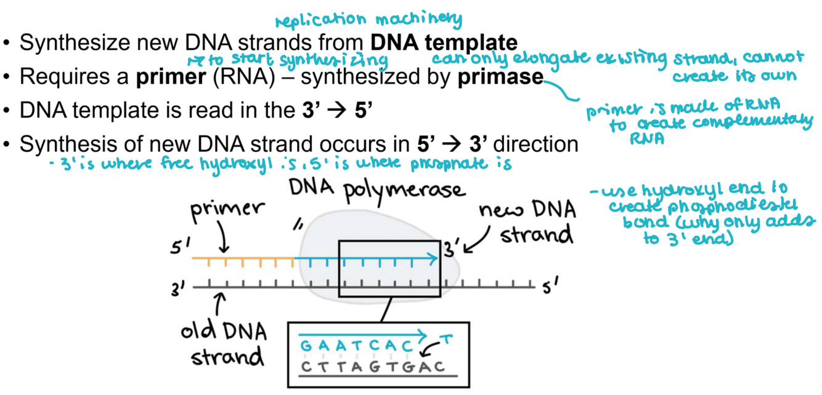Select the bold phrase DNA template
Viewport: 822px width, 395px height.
coord(444,43)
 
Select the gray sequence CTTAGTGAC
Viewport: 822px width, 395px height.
coord(372,367)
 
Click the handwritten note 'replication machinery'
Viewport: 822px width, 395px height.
coord(368,19)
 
